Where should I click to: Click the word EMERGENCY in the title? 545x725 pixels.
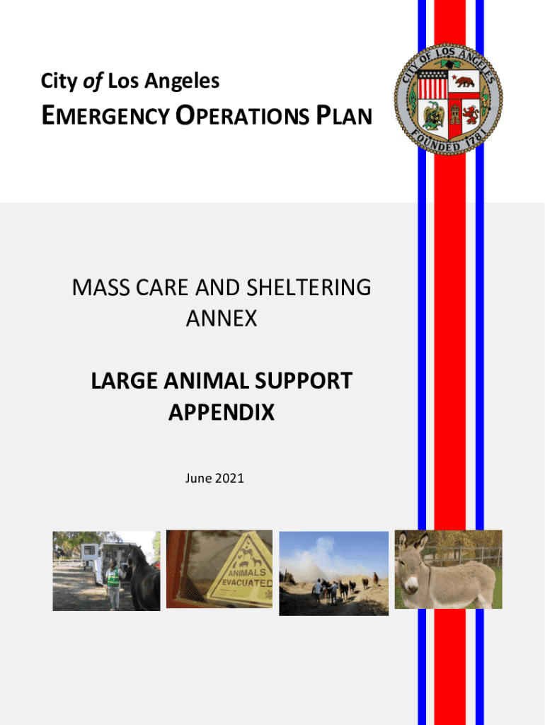tap(106, 115)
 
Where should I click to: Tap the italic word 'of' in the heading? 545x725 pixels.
tap(93, 81)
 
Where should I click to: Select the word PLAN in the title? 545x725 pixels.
tap(345, 115)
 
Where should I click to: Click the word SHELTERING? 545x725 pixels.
tap(309, 287)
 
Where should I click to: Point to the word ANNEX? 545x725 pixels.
tap(222, 319)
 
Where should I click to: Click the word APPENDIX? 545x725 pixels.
tap(222, 412)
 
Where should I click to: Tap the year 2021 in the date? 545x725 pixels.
tap(229, 478)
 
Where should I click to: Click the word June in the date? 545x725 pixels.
tap(199, 478)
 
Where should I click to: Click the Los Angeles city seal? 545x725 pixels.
tap(449, 99)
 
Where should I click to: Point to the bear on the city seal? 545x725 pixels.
tap(464, 82)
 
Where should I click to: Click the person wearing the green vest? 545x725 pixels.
tap(113, 581)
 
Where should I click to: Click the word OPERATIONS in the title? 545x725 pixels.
tap(242, 115)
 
